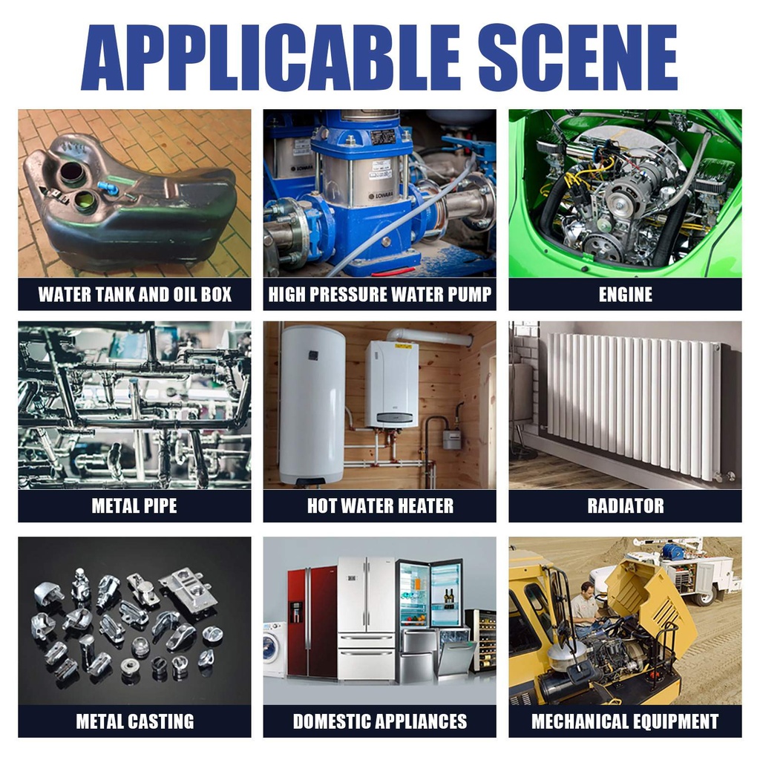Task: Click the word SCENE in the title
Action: (x=577, y=58)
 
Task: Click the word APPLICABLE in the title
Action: (x=270, y=58)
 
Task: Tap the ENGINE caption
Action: (x=625, y=294)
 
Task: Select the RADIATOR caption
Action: (x=625, y=505)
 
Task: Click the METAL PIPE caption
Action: (x=134, y=505)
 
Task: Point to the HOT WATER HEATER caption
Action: (x=380, y=505)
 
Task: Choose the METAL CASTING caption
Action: (x=135, y=721)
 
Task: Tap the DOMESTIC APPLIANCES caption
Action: (x=380, y=721)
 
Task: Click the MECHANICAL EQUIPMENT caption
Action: (x=625, y=721)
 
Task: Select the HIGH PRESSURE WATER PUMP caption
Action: (x=380, y=294)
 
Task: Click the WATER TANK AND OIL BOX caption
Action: (x=135, y=294)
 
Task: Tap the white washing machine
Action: (x=275, y=648)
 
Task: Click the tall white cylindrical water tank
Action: (x=312, y=404)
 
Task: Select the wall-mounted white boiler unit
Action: (x=392, y=384)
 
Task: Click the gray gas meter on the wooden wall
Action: (x=452, y=438)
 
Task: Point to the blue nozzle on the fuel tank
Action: (x=108, y=187)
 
